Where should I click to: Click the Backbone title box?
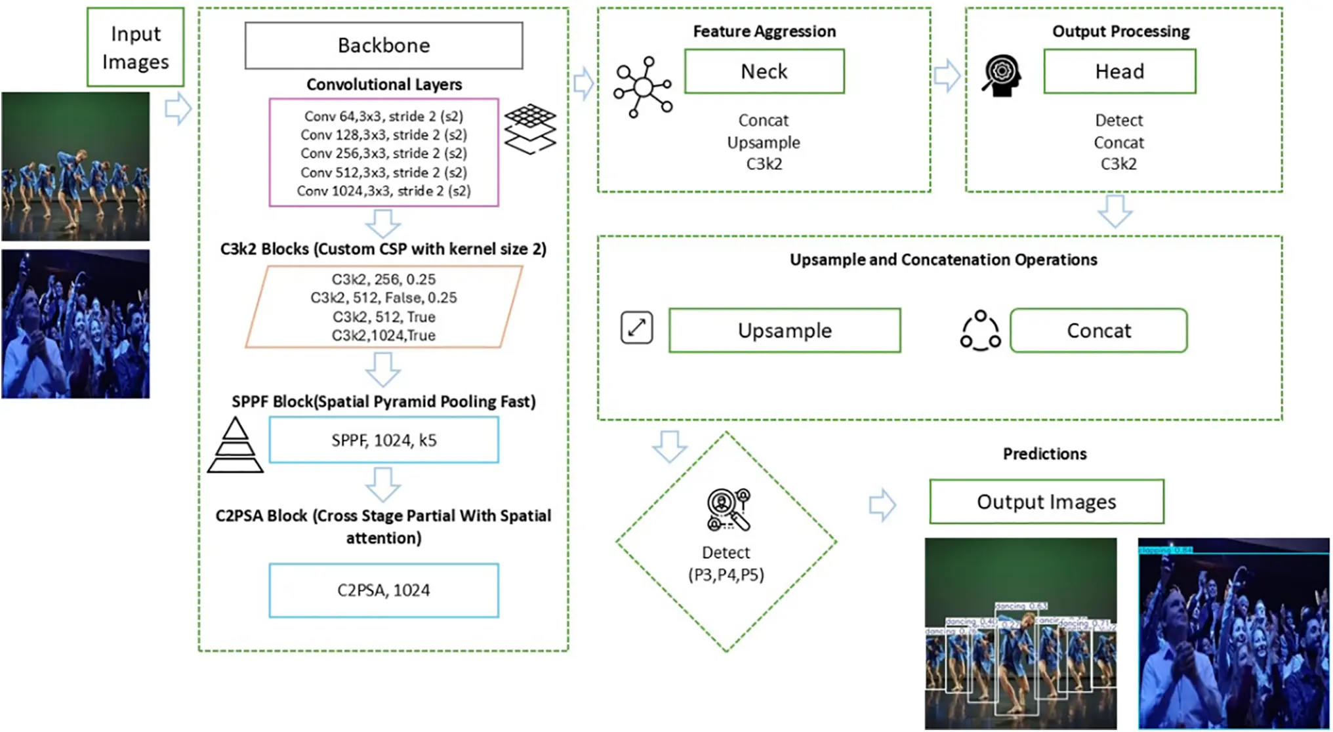(x=384, y=45)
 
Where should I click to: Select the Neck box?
(x=764, y=71)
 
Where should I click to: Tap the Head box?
(x=1119, y=71)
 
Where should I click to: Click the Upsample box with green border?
(x=785, y=330)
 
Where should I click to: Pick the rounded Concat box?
(x=1099, y=330)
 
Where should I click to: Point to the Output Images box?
(x=1046, y=502)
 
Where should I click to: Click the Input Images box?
(x=135, y=47)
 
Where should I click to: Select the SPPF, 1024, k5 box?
(x=384, y=440)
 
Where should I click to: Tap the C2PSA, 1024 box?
(x=384, y=590)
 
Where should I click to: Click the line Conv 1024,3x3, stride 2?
(x=384, y=191)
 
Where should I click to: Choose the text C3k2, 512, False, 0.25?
(x=384, y=298)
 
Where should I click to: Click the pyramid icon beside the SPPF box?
(x=235, y=446)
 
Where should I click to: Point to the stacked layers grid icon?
(x=530, y=129)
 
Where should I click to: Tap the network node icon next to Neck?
(x=643, y=87)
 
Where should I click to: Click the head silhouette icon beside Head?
(x=1002, y=75)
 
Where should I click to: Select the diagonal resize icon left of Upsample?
(x=636, y=327)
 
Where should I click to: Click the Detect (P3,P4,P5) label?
(x=726, y=563)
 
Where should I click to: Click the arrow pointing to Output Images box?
(x=882, y=504)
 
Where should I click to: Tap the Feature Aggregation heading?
(x=764, y=31)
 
